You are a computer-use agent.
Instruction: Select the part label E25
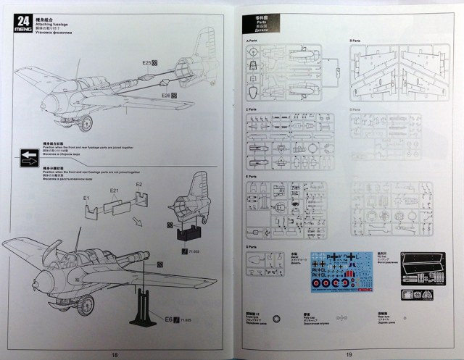click(x=147, y=64)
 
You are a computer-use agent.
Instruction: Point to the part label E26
click(x=165, y=96)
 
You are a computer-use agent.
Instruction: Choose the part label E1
click(x=86, y=198)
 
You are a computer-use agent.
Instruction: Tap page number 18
click(x=115, y=354)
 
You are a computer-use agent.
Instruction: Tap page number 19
click(x=349, y=354)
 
